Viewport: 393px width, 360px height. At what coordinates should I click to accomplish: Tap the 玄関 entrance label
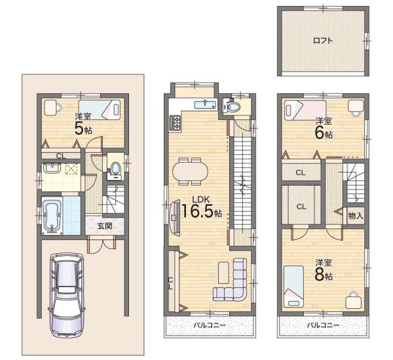tap(105, 226)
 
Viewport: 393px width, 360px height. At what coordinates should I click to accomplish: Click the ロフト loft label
tap(323, 41)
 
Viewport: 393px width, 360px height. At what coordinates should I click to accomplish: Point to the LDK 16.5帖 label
tap(201, 207)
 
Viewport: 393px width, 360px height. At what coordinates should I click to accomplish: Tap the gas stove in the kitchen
tap(175, 123)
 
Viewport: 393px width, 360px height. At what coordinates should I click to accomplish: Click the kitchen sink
tap(205, 104)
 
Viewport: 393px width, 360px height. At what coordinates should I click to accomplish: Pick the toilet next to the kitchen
tap(232, 107)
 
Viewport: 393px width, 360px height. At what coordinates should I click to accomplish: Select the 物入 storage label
tap(356, 216)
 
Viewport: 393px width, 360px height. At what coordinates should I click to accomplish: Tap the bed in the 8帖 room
tap(293, 287)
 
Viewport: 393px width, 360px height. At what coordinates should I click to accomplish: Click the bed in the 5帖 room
tap(100, 110)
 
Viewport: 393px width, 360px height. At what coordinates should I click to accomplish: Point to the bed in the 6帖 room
tap(305, 110)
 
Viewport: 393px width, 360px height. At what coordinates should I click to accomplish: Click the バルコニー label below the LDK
tap(210, 325)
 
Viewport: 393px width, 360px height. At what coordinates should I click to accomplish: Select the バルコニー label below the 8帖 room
tap(323, 325)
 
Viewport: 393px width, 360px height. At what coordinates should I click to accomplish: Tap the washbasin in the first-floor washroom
tap(52, 168)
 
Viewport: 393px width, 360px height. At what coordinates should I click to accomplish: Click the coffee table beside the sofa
tap(223, 273)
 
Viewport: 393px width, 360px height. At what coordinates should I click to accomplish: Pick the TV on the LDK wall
tap(175, 218)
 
